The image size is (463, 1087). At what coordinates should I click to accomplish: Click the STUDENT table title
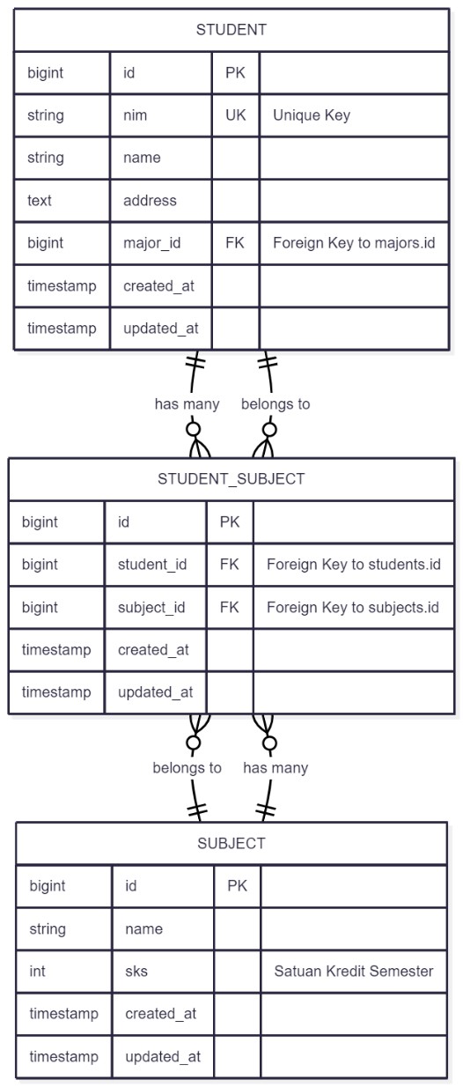click(x=231, y=30)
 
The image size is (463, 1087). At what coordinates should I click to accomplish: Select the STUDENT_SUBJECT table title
click(x=231, y=479)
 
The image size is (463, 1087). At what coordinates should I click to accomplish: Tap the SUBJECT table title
click(x=231, y=843)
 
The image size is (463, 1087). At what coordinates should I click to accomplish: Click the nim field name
click(x=136, y=115)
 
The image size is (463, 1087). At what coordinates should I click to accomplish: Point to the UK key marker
click(x=235, y=115)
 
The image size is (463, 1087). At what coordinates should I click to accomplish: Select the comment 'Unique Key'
click(x=312, y=115)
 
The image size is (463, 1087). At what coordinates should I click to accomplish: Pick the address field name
click(x=150, y=201)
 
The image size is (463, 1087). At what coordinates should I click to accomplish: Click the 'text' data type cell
click(x=40, y=201)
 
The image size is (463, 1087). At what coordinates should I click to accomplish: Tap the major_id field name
click(x=151, y=243)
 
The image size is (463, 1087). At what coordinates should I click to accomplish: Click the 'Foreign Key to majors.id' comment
click(x=354, y=243)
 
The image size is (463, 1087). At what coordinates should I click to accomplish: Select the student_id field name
click(x=152, y=565)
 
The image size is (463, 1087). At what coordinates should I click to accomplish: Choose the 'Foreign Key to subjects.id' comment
click(x=353, y=608)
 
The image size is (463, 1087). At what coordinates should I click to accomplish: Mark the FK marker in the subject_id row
click(x=229, y=608)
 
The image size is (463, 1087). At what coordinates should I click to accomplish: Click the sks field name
click(x=136, y=972)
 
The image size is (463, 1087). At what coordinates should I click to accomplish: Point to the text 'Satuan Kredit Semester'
click(x=354, y=972)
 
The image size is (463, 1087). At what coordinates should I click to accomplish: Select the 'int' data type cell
click(x=38, y=972)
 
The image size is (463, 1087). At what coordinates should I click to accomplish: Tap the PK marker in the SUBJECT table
click(x=237, y=886)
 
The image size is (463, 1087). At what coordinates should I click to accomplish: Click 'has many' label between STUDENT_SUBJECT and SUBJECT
click(x=276, y=768)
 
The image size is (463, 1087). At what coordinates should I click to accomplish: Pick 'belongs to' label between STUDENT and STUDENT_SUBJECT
click(x=276, y=404)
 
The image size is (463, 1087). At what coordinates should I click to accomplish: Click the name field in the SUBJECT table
click(x=143, y=929)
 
